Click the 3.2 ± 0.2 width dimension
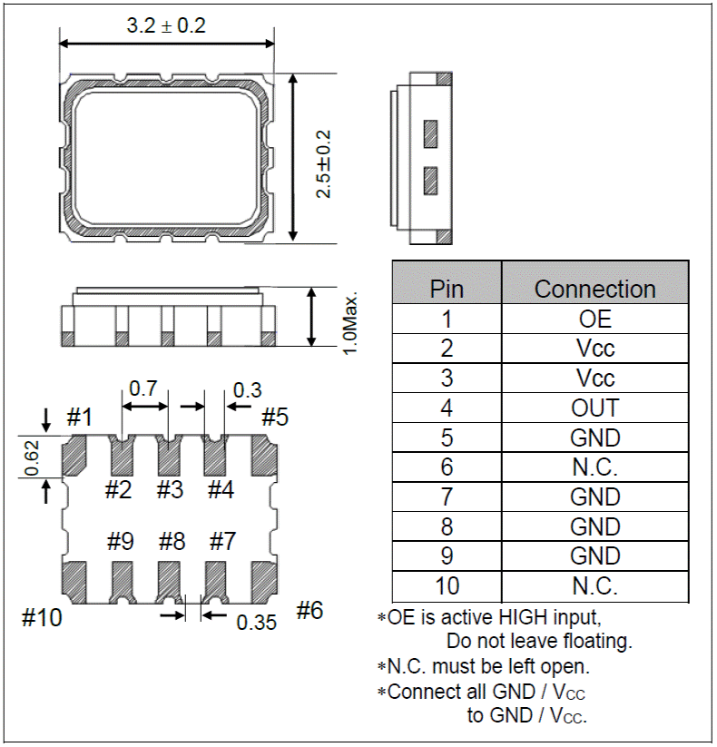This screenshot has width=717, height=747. tap(166, 25)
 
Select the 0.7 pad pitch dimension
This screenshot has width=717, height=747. tap(142, 388)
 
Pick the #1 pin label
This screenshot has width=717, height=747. tap(80, 418)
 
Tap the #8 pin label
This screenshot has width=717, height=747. tap(172, 542)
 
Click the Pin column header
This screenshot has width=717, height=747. tap(447, 289)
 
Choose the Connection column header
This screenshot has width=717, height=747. tap(594, 289)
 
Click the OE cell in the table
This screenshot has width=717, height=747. tap(594, 319)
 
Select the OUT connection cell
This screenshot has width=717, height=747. tap(594, 408)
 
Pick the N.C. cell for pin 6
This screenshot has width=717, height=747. tap(594, 467)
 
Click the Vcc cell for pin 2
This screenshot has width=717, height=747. tap(594, 349)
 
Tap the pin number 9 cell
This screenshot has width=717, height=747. tap(447, 556)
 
